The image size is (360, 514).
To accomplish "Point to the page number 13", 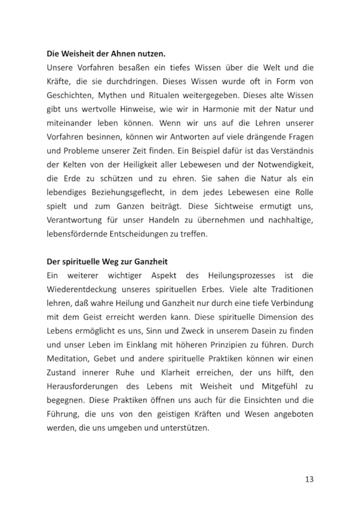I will click(x=308, y=479).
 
